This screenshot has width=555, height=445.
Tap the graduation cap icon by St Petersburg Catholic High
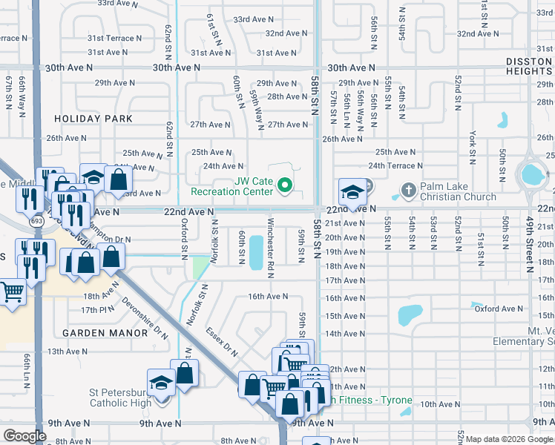[x=160, y=383]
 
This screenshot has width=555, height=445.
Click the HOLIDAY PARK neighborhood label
[x=93, y=119]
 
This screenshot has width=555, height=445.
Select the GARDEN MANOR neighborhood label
[x=105, y=333]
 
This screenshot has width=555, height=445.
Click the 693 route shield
[x=36, y=222]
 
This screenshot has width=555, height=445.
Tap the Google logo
[x=24, y=436]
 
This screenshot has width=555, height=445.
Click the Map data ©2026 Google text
[x=509, y=439]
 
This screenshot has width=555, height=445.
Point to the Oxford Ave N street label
[x=499, y=309]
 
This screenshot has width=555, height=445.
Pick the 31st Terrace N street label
[x=115, y=37]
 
